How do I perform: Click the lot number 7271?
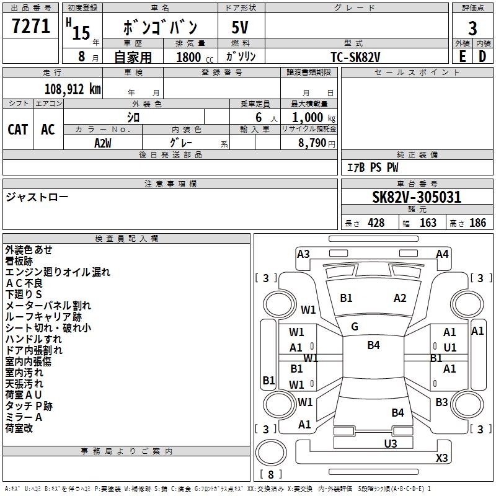pyautogui.click(x=31, y=26)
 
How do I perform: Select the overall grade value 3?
pyautogui.click(x=472, y=28)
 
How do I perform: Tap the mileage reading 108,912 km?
pyautogui.click(x=73, y=89)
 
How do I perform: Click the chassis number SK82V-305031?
pyautogui.click(x=417, y=197)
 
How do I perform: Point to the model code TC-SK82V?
pyautogui.click(x=355, y=57)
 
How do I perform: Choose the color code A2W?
pyautogui.click(x=103, y=143)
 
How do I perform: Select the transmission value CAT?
pyautogui.click(x=18, y=130)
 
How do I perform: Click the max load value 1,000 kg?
pyautogui.click(x=313, y=118)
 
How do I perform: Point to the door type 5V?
pyautogui.click(x=240, y=27)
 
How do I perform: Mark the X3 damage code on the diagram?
pyautogui.click(x=441, y=458)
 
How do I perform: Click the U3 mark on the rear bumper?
pyautogui.click(x=391, y=443)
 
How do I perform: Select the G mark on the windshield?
pyautogui.click(x=355, y=327)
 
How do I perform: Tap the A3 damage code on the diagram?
pyautogui.click(x=303, y=254)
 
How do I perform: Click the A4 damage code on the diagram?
pyautogui.click(x=442, y=254)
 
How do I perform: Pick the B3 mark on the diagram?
pyautogui.click(x=441, y=402)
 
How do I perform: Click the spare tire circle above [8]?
pyautogui.click(x=271, y=453)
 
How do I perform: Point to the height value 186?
pyautogui.click(x=477, y=223)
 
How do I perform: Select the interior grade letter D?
pyautogui.click(x=482, y=56)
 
